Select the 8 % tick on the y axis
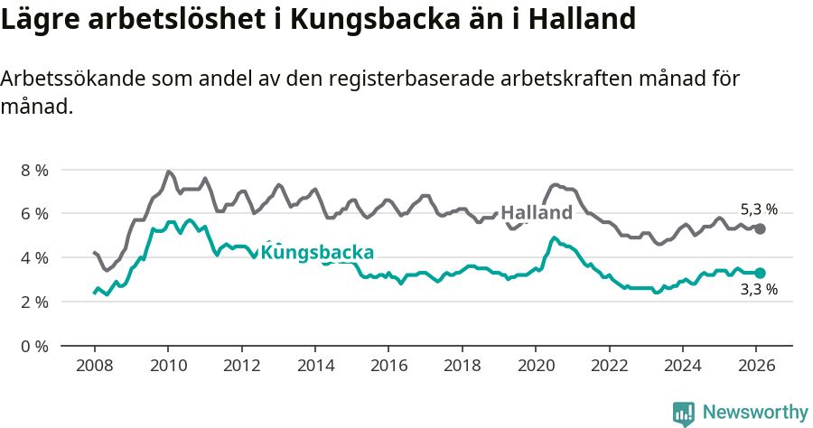pos(33,170)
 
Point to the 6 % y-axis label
pos(33,214)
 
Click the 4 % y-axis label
pos(33,257)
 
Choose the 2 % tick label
pos(33,302)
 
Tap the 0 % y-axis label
pos(33,346)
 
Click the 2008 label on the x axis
pos(94,367)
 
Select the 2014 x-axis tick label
pos(314,367)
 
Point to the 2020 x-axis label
pos(535,367)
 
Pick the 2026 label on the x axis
pos(755,367)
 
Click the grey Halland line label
pos(537,213)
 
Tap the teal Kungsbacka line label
pos(317,253)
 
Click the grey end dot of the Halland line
pos(761,229)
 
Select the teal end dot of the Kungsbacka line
pos(761,273)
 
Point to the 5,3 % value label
pos(759,209)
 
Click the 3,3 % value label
pos(759,291)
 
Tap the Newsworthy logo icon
pos(684,414)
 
